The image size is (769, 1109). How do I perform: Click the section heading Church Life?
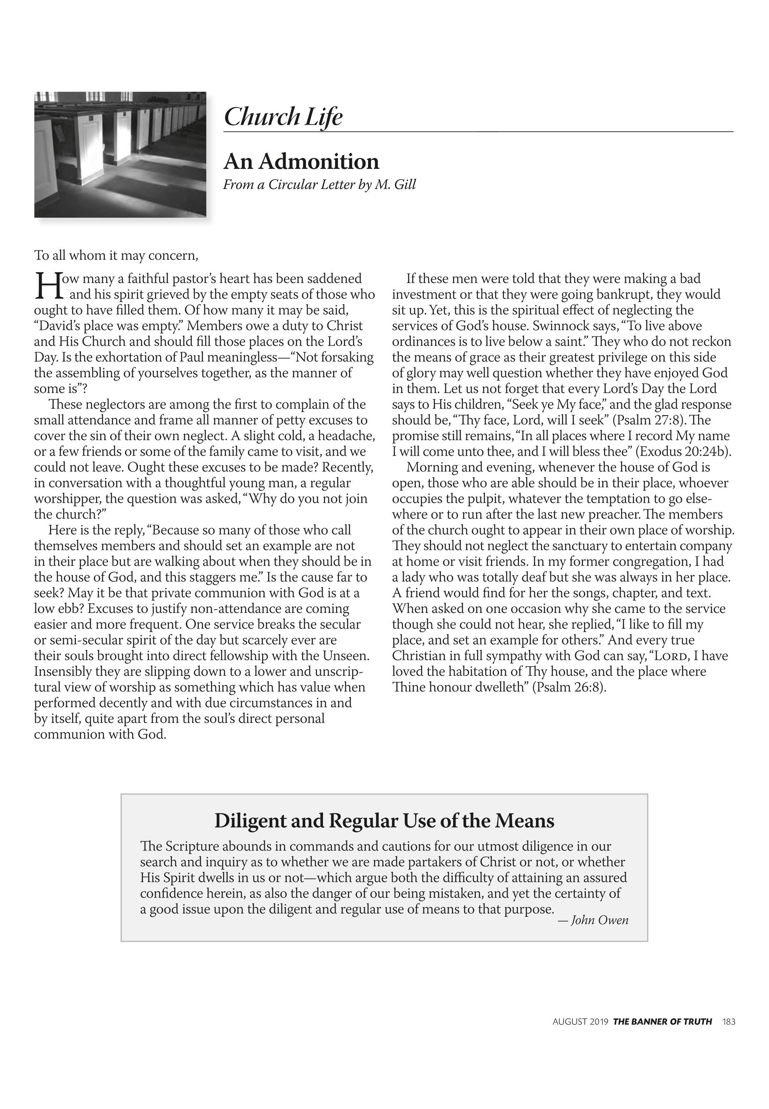(283, 117)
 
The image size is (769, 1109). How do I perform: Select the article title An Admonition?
(301, 162)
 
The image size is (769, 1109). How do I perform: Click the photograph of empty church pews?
(120, 154)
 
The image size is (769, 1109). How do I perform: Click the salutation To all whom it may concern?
(116, 256)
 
